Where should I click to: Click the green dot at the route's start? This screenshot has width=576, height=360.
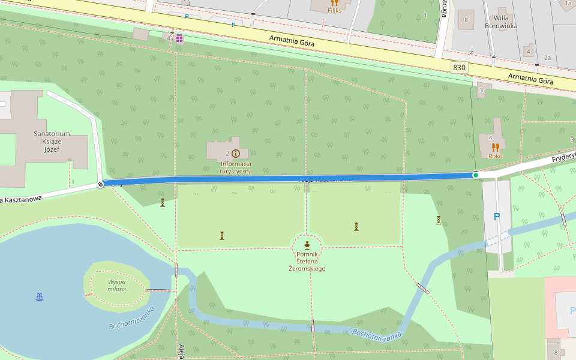pos(476,175)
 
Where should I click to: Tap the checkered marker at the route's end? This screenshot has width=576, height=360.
pos(100,184)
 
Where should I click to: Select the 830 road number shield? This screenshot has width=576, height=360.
pos(460,68)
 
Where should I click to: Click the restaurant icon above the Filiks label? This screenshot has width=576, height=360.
pos(334,2)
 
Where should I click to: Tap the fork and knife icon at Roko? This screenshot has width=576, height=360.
pos(495,147)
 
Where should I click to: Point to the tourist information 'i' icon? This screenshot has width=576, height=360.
pos(235,154)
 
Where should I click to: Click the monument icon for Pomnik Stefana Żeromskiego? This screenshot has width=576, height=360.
pos(307,245)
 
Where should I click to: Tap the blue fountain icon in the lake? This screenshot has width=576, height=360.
pos(40,296)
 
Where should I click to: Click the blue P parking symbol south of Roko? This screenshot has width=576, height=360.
pos(496,217)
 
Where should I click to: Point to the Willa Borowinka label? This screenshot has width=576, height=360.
pos(500,22)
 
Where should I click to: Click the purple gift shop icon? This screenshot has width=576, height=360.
pos(179,39)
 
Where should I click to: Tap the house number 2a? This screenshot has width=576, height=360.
pos(547,58)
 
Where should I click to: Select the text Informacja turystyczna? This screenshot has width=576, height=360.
pos(236,167)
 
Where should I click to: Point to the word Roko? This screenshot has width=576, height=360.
pos(495,156)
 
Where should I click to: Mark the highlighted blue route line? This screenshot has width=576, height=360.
pos(288,178)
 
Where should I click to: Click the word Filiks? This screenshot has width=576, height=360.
pos(334,11)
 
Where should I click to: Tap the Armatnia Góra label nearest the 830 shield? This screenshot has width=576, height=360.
pos(530,79)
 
